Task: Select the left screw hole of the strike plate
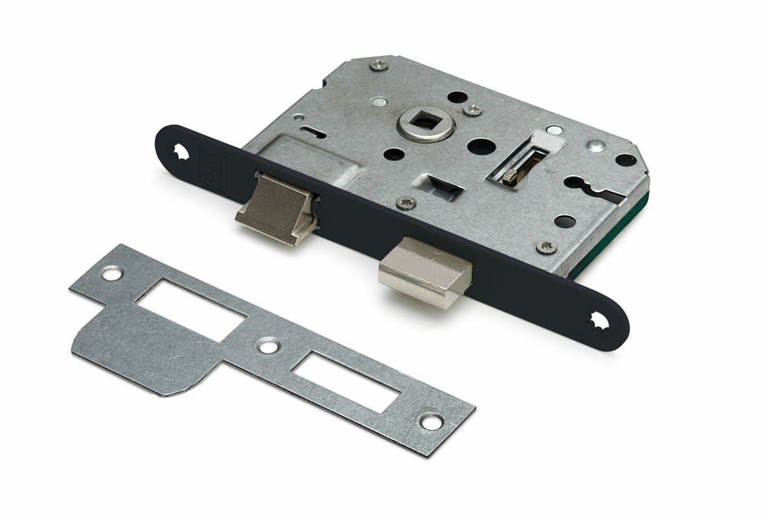click(112, 273)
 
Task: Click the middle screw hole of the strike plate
click(268, 346)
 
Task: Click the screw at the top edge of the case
click(379, 64)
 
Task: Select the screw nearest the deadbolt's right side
click(547, 246)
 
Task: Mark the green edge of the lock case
click(614, 238)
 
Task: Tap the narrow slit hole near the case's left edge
click(313, 132)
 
